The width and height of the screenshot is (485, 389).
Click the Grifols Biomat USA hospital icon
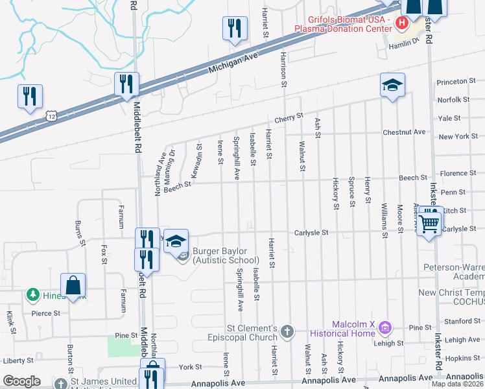coord(402,23)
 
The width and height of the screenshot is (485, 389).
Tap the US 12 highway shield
coord(51,115)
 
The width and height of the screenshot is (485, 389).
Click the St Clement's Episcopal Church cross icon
coord(288,333)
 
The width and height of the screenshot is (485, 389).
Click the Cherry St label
coord(289,118)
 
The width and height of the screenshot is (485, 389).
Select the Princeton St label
coord(452,82)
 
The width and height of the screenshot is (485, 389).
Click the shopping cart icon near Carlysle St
coord(429,223)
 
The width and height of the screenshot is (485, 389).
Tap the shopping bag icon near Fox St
coord(73,285)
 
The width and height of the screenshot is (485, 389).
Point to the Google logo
coord(21,381)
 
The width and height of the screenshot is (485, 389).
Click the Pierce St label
coord(45,312)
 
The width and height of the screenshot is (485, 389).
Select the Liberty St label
coord(18,360)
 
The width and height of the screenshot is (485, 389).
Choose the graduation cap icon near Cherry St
coord(392,86)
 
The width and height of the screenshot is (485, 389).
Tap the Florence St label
coord(458,173)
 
